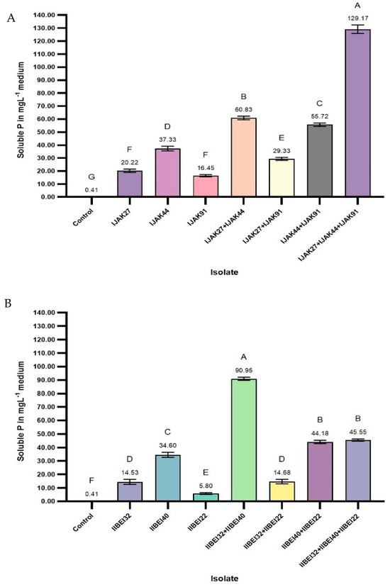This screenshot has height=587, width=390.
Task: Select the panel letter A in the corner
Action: (10, 19)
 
